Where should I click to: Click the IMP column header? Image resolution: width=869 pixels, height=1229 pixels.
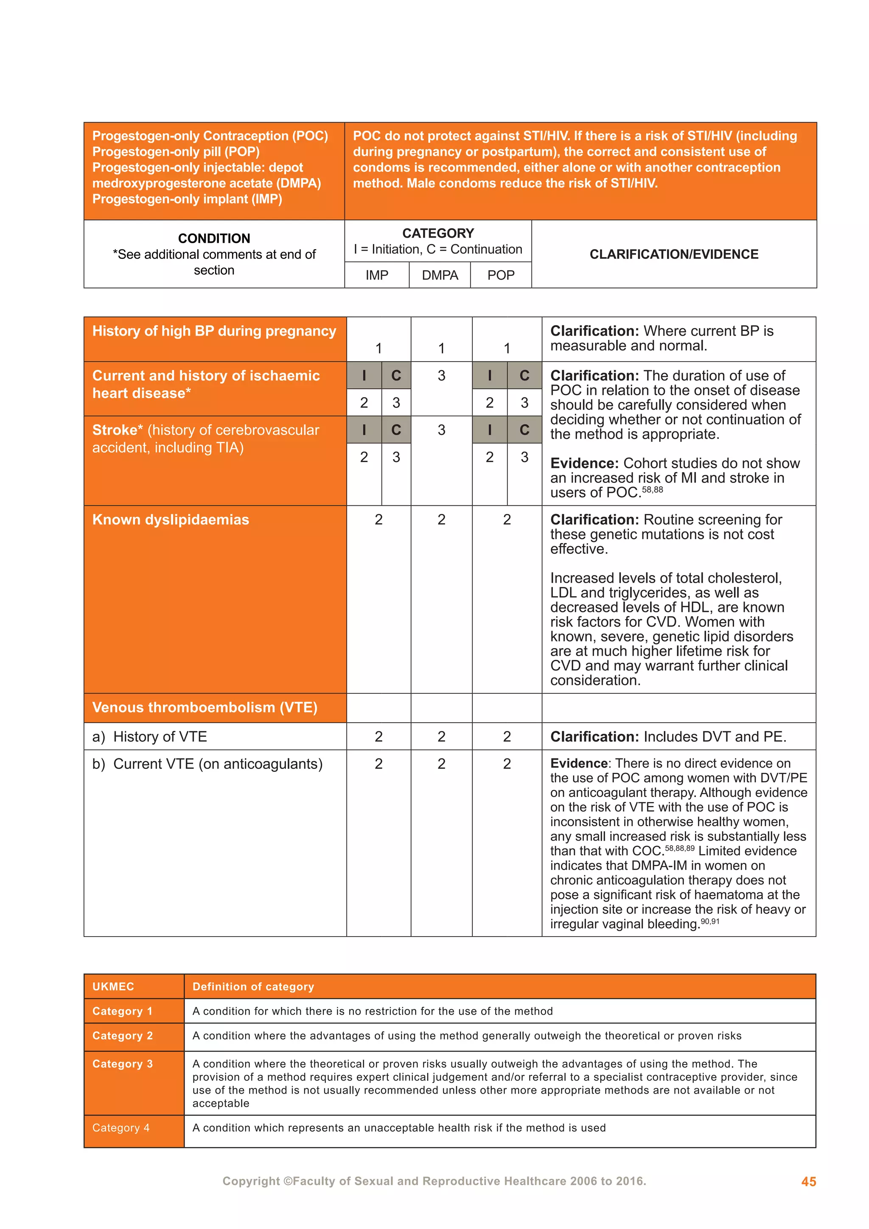[x=377, y=275]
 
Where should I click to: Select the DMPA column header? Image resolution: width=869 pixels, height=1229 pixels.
[x=440, y=275]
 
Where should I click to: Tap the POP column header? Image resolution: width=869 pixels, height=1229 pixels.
[x=501, y=275]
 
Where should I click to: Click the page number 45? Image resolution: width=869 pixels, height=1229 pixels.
[x=808, y=1181]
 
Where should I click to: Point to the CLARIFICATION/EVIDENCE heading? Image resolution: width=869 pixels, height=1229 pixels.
[x=674, y=254]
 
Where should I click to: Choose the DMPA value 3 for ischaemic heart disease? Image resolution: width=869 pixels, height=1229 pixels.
[x=441, y=376]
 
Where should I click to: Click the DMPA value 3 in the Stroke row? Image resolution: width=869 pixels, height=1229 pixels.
[x=441, y=430]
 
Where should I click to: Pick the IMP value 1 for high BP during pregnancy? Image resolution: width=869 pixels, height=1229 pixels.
[x=378, y=348]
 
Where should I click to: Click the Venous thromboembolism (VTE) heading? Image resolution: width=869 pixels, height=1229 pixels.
[x=205, y=707]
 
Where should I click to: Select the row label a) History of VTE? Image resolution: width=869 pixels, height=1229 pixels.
[x=149, y=737]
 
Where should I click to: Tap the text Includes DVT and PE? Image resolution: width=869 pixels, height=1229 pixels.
[x=715, y=737]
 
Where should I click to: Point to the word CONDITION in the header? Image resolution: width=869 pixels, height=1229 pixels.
[x=214, y=238]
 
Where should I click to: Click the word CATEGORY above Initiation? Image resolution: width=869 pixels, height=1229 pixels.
[x=438, y=233]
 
